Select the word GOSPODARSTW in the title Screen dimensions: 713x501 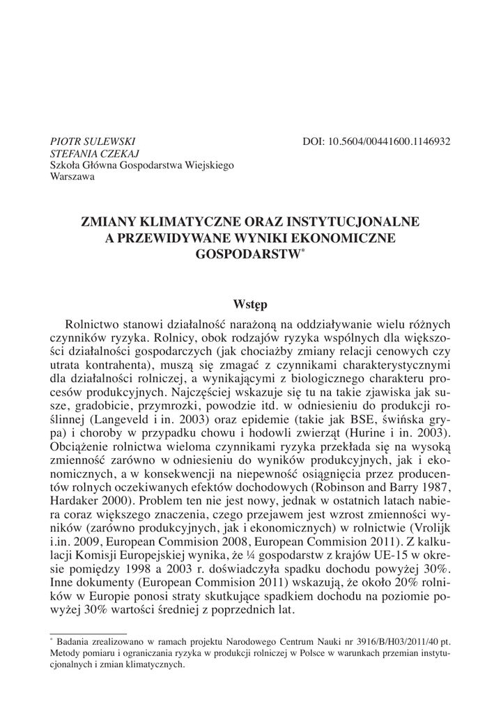point(247,254)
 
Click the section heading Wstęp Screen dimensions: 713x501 point(250,304)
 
